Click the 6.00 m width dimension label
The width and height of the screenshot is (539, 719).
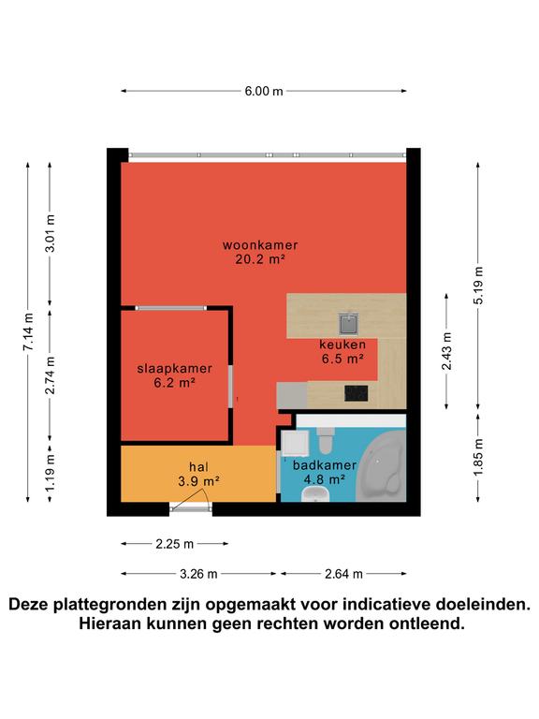pyautogui.click(x=264, y=91)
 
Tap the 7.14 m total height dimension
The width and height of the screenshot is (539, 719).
pyautogui.click(x=28, y=332)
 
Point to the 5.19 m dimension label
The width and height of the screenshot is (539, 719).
pyautogui.click(x=478, y=285)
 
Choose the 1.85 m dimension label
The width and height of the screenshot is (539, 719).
pyautogui.click(x=478, y=457)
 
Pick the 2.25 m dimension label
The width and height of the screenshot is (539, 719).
pyautogui.click(x=175, y=544)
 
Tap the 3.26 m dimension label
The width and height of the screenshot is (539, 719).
pyautogui.click(x=198, y=574)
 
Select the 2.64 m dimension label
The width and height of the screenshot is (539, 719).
pyautogui.click(x=343, y=574)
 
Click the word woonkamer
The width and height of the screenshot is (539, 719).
pyautogui.click(x=260, y=245)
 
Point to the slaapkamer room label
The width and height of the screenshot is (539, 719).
pyautogui.click(x=175, y=369)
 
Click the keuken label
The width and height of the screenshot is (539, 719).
pyautogui.click(x=342, y=345)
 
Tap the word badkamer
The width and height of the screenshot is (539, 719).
pyautogui.click(x=325, y=465)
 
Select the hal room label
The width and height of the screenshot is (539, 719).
pyautogui.click(x=199, y=467)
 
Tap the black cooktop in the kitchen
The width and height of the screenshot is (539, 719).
pyautogui.click(x=357, y=393)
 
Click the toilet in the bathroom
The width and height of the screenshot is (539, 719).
pyautogui.click(x=325, y=440)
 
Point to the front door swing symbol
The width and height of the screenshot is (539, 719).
pyautogui.click(x=191, y=500)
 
